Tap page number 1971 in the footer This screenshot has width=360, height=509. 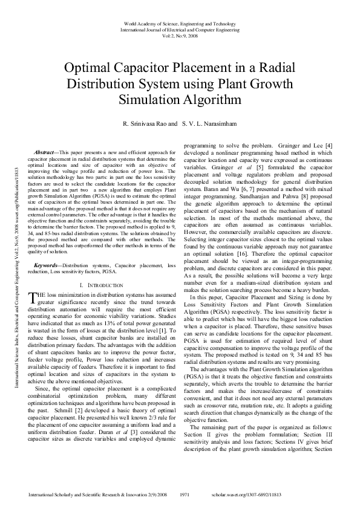(x=186, y=494)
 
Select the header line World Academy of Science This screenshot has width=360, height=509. (x=180, y=24)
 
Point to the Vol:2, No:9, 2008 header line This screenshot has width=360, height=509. (x=180, y=35)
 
